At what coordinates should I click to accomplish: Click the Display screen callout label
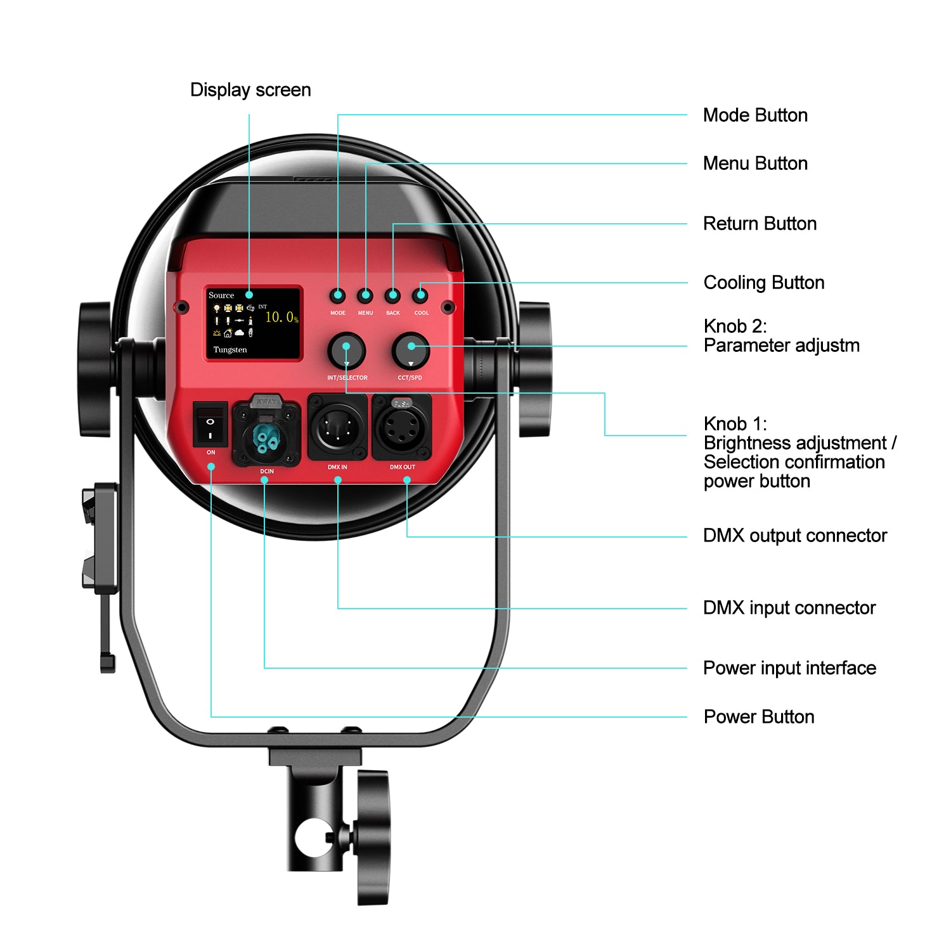click(x=250, y=90)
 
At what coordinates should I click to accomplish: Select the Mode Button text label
click(x=755, y=115)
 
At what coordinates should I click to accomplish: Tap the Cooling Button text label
click(x=763, y=283)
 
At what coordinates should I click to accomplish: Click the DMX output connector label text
click(x=794, y=536)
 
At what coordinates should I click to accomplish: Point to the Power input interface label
click(x=789, y=668)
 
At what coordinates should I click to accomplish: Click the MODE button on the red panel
click(x=338, y=295)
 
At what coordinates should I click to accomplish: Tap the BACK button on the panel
click(x=393, y=295)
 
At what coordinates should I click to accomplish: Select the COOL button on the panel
click(x=420, y=295)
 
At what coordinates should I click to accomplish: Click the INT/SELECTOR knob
click(x=346, y=351)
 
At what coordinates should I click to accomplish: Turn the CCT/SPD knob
click(x=411, y=351)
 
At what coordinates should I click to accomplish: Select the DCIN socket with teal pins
click(x=266, y=434)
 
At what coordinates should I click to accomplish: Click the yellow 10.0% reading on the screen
click(x=281, y=317)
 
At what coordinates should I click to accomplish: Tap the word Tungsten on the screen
click(x=230, y=350)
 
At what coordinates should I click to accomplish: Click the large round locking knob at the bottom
click(x=373, y=837)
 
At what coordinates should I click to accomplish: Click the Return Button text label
click(x=760, y=224)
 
